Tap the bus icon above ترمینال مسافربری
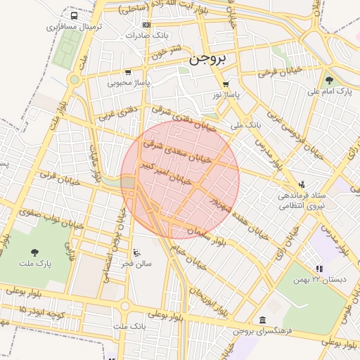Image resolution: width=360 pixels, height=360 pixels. click(75, 15)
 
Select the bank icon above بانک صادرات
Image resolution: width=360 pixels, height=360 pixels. click(146, 25)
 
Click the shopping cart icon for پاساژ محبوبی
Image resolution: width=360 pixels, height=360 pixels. click(127, 72)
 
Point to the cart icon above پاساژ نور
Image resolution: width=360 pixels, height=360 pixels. click(226, 84)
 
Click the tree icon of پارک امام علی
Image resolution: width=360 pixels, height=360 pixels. click(329, 80)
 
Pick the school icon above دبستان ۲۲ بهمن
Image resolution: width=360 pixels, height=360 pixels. click(319, 269)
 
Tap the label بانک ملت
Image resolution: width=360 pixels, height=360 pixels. click(129, 327)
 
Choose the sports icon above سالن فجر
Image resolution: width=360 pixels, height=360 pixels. click(136, 253)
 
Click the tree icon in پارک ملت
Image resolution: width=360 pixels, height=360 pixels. click(34, 252)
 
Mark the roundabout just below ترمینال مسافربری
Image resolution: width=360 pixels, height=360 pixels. click(75, 79)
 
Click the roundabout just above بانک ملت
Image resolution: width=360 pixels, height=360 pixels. click(125, 306)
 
